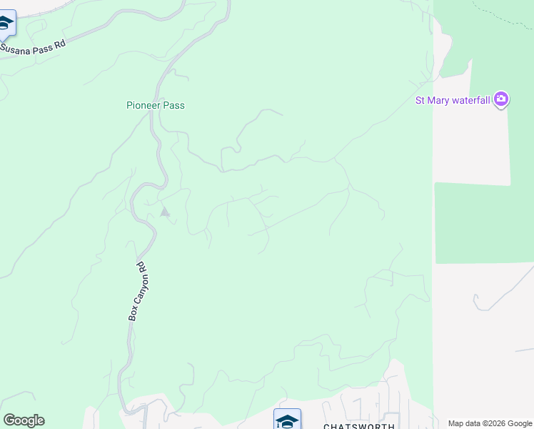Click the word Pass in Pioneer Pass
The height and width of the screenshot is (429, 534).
click(173, 105)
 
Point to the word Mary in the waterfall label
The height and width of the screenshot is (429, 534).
click(440, 100)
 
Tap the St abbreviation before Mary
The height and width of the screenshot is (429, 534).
click(420, 100)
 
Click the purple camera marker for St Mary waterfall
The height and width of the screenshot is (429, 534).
click(501, 99)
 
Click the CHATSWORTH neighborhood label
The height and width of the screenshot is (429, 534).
click(358, 426)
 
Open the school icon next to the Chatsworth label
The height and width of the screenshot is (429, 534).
click(287, 420)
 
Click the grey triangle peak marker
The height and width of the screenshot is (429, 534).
click(165, 212)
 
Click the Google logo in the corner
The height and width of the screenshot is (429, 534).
click(24, 420)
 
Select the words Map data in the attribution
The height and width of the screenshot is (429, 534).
click(463, 423)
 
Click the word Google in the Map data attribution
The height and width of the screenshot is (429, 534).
click(520, 423)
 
